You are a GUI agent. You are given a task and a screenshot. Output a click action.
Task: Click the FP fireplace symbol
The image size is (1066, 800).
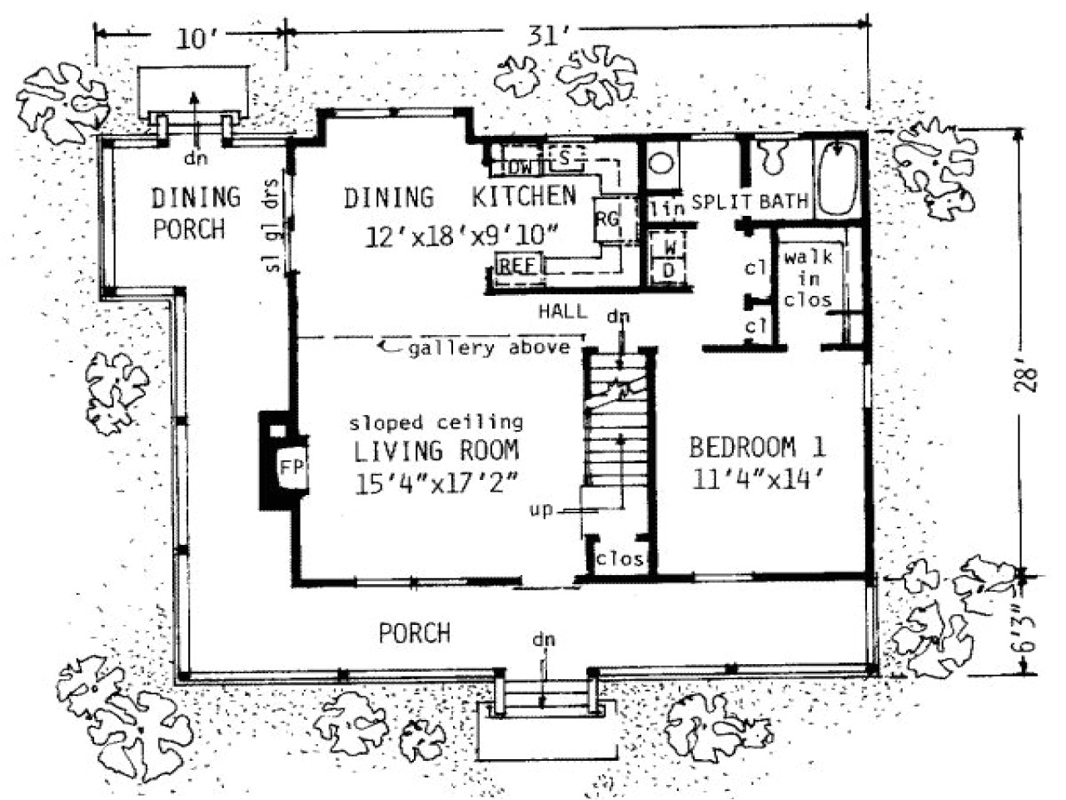pos(290,464)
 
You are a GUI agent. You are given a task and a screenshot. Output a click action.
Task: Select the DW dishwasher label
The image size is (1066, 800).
pos(520,167)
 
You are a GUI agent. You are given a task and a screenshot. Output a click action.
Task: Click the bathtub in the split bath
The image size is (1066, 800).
pos(837,179)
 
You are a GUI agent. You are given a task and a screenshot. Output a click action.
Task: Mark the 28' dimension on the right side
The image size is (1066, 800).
pos(1030,379)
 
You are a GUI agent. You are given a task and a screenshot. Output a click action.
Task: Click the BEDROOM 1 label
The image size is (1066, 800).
pos(757,447)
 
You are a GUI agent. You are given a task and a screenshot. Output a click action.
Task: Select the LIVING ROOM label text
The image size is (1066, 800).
pos(436,451)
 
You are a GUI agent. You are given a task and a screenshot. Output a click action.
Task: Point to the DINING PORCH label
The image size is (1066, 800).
pos(195,212)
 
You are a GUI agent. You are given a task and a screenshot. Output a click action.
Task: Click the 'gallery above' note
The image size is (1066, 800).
pos(488,347)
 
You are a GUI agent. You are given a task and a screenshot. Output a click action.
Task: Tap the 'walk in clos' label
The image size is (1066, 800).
pos(807,278)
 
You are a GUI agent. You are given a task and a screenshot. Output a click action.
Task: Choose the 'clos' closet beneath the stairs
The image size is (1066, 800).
pos(620,558)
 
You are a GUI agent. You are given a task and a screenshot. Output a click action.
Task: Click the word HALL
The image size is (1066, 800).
pos(562,312)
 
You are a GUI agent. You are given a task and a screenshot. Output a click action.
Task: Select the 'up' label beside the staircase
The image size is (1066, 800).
pos(540,509)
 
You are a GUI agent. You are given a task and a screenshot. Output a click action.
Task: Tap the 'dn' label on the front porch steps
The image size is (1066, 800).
pos(545,640)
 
